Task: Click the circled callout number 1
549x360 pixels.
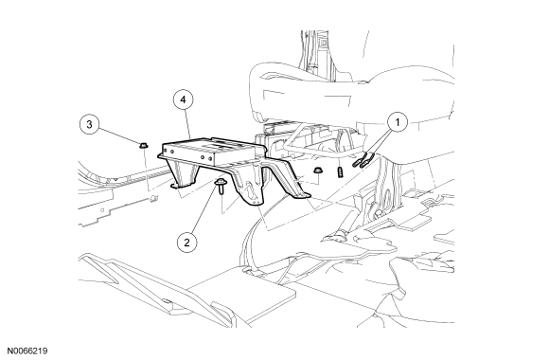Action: click(x=398, y=122)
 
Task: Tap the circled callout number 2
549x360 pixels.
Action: click(x=186, y=243)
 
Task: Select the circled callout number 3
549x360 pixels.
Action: click(x=90, y=124)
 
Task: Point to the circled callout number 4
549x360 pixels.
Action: click(x=183, y=99)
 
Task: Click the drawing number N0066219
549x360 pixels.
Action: click(x=27, y=351)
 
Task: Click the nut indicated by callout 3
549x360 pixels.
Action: click(x=143, y=145)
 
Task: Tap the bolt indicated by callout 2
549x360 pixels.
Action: click(x=221, y=186)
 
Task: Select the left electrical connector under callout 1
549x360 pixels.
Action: click(x=358, y=160)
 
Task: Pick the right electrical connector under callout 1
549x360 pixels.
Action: click(x=367, y=159)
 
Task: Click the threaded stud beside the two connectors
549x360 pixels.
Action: click(x=340, y=172)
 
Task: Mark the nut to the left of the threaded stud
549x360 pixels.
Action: click(x=317, y=171)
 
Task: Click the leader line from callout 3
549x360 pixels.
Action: click(x=117, y=135)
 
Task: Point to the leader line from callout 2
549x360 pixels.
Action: click(x=204, y=211)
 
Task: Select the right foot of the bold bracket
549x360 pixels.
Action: click(x=302, y=194)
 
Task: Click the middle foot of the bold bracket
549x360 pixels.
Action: click(x=255, y=202)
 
